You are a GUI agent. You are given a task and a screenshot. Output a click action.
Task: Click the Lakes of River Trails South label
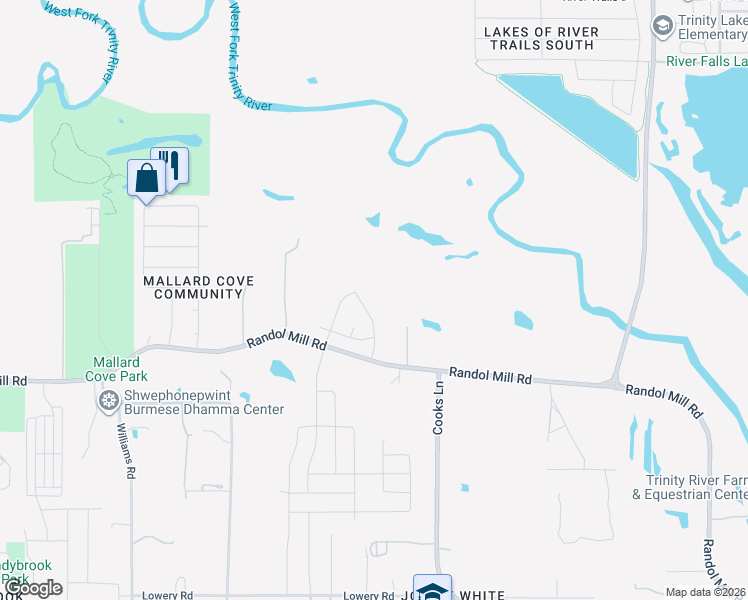[541, 39]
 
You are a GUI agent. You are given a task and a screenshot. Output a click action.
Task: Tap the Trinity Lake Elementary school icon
[662, 26]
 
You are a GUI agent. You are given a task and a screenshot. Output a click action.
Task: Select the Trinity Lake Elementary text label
[712, 27]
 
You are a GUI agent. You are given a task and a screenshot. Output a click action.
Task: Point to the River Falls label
[706, 61]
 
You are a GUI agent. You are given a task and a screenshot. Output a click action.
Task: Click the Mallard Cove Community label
[193, 288]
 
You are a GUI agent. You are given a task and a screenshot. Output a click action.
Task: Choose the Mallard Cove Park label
[122, 368]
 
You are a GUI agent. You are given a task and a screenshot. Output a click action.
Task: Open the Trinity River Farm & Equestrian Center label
[689, 487]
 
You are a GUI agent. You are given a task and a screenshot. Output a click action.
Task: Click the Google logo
[33, 588]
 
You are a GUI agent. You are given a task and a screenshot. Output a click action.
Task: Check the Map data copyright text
[706, 592]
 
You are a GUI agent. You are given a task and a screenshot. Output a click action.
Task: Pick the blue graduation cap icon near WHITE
[432, 588]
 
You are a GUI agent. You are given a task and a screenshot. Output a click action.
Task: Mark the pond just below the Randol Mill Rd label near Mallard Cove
[282, 372]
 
